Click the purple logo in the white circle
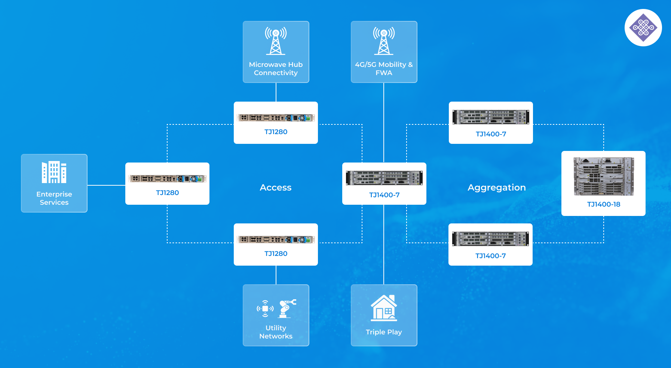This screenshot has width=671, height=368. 643,28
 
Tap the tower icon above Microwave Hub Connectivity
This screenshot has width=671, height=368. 276,41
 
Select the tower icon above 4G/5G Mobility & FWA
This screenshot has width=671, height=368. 384,41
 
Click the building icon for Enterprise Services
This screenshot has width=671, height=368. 54,172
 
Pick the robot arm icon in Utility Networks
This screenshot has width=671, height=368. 287,308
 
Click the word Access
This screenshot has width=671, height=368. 276,188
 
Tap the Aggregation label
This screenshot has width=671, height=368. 496,188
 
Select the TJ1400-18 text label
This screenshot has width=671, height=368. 603,204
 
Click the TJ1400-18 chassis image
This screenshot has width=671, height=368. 603,176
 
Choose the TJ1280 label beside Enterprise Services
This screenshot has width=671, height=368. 167,193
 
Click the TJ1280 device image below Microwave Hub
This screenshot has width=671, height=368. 276,118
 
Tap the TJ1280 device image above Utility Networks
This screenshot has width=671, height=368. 276,239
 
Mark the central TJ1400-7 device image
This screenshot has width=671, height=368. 384,178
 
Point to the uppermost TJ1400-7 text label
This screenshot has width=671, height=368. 491,134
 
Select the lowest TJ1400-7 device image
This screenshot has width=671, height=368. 490,239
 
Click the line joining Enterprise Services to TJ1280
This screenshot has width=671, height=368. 106,185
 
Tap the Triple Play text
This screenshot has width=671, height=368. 384,332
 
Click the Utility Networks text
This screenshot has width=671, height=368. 276,332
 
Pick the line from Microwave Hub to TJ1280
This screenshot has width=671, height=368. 276,92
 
